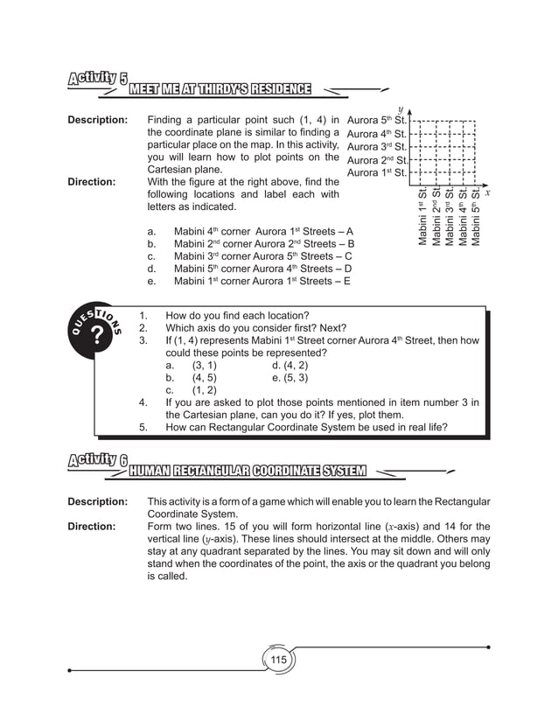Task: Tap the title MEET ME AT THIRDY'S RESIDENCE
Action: click(220, 89)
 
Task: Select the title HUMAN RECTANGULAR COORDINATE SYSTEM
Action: click(247, 472)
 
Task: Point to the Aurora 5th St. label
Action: click(377, 120)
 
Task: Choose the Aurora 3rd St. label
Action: click(377, 147)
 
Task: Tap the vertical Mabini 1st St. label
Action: click(422, 216)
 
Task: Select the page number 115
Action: click(278, 660)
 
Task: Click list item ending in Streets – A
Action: click(263, 231)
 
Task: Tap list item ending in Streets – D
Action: click(263, 269)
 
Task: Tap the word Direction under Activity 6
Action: click(92, 527)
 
